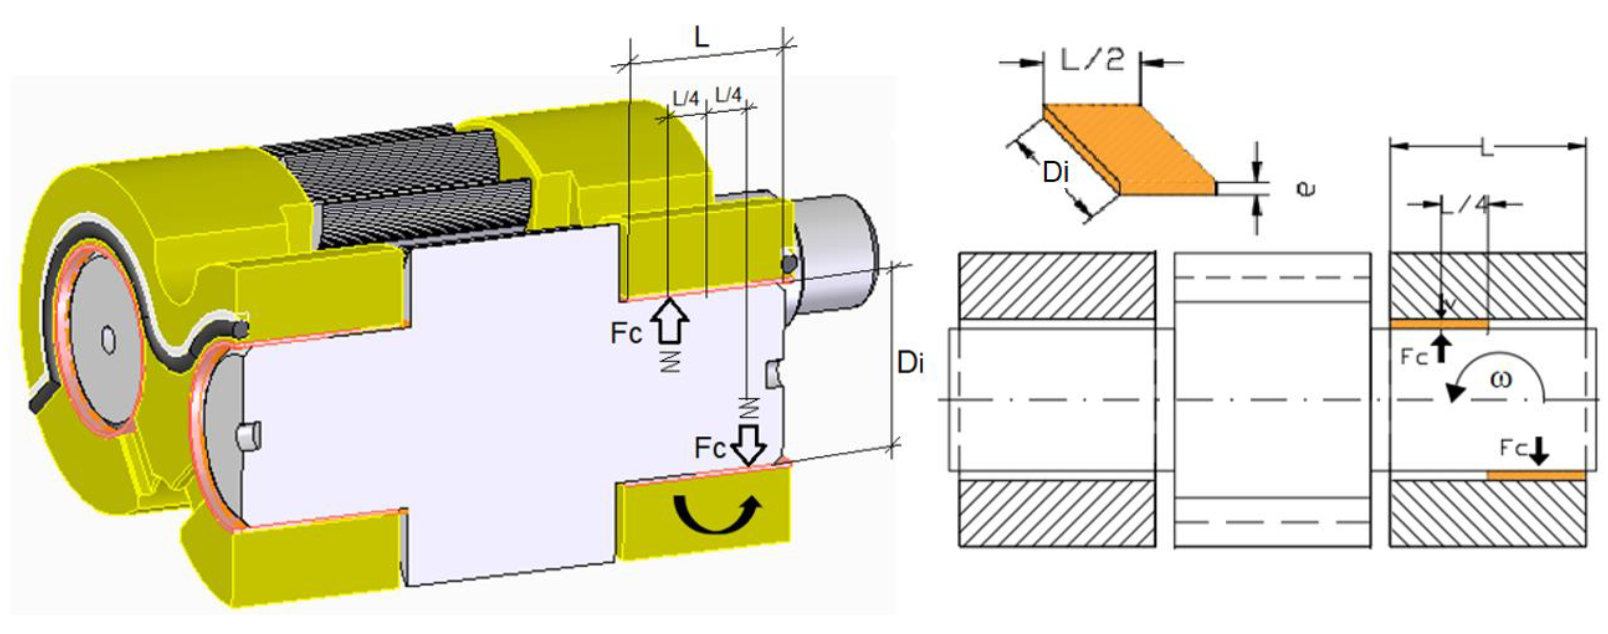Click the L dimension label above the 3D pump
tap(701, 39)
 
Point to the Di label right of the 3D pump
tap(910, 362)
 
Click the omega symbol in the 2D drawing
tap(1501, 379)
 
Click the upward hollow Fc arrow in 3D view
tap(669, 320)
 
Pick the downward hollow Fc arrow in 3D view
tap(748, 444)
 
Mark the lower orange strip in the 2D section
tap(1536, 476)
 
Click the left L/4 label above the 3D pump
tap(685, 98)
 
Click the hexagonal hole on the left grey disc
tap(109, 340)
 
